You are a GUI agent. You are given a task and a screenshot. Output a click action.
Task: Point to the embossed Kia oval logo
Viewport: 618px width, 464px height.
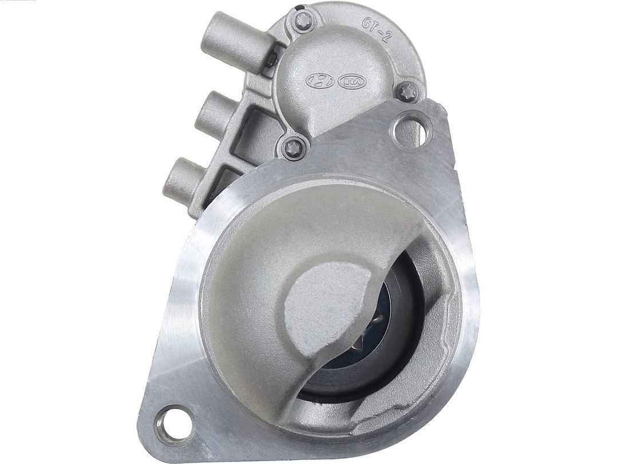coord(351,82)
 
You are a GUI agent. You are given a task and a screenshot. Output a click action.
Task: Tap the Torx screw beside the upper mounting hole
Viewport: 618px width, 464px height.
coord(408,92)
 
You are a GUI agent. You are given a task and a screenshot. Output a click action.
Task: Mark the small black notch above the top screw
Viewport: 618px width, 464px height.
coord(298,8)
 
